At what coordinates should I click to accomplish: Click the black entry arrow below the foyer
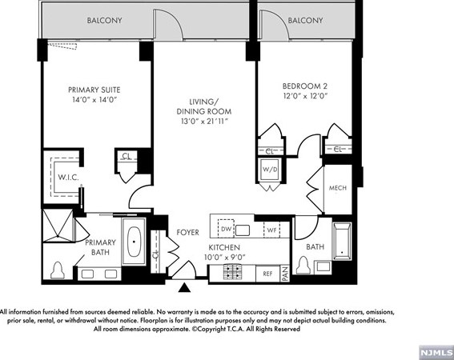(184, 288)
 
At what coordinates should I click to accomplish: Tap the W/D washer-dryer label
(270, 170)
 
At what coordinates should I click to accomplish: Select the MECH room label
(338, 188)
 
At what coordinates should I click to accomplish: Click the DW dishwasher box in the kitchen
(226, 228)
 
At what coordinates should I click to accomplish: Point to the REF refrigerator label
(267, 274)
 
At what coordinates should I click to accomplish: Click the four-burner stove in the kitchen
(232, 272)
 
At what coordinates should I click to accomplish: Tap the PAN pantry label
(285, 274)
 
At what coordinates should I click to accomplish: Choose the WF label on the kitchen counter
(271, 230)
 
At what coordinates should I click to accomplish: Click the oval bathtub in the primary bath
(134, 242)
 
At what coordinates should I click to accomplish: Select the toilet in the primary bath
(58, 270)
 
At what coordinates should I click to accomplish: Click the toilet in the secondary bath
(303, 265)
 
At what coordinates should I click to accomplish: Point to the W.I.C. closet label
(68, 178)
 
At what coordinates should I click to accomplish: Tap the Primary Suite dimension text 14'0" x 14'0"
(94, 100)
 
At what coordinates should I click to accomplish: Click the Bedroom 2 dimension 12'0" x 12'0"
(305, 96)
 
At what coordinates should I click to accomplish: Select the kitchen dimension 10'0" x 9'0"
(225, 257)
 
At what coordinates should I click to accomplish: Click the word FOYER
(187, 232)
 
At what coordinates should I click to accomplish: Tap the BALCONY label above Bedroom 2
(305, 20)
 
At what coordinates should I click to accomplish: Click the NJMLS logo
(436, 353)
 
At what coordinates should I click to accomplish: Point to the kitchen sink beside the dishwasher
(243, 230)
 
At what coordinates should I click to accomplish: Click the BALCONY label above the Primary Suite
(105, 20)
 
